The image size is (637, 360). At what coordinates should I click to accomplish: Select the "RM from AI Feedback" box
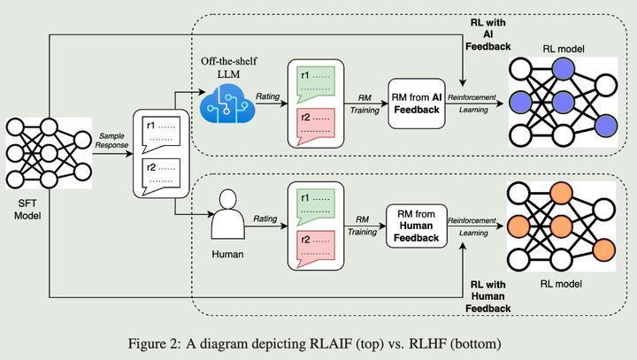[x=418, y=104]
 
